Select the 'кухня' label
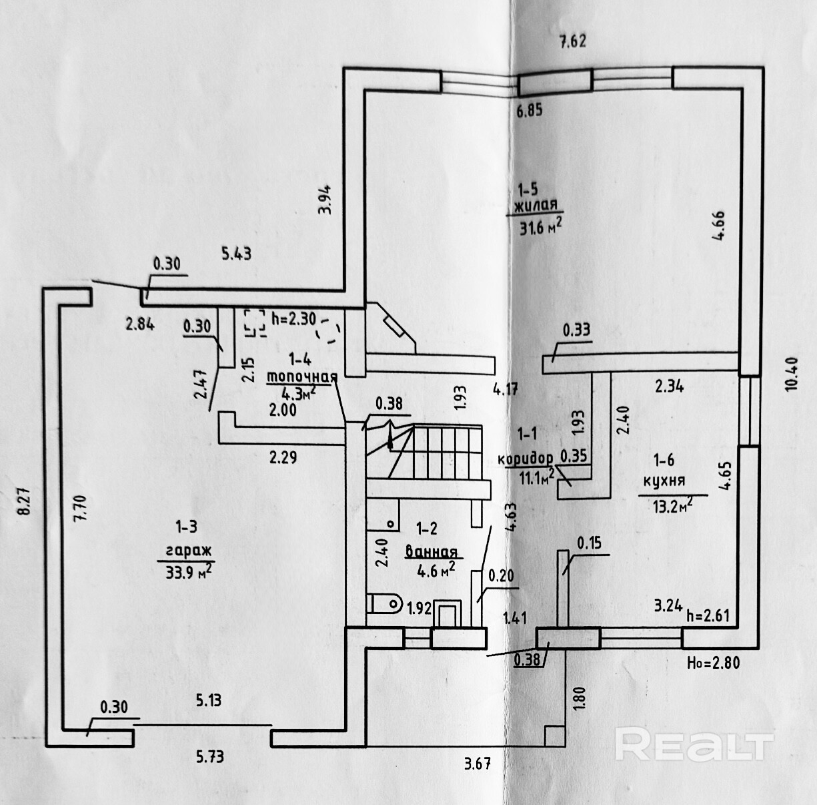coord(664,481)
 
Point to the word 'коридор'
coord(526,459)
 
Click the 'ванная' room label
coord(431,552)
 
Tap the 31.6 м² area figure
coord(540,228)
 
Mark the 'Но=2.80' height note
coord(713,663)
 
